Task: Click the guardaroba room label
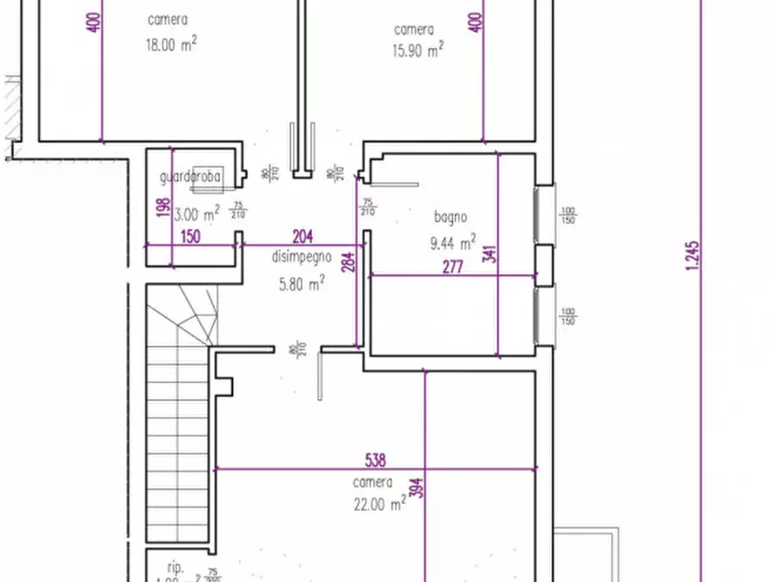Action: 191,177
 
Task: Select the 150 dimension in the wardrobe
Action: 191,236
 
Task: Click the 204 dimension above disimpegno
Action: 302,236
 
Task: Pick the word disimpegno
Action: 302,256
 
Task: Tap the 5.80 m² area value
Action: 302,281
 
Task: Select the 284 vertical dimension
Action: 348,263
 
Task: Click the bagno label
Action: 451,217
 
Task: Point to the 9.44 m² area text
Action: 452,242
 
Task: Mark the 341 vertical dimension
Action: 489,255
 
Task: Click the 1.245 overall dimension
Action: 693,257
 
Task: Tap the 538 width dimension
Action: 375,460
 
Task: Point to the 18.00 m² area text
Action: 170,44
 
